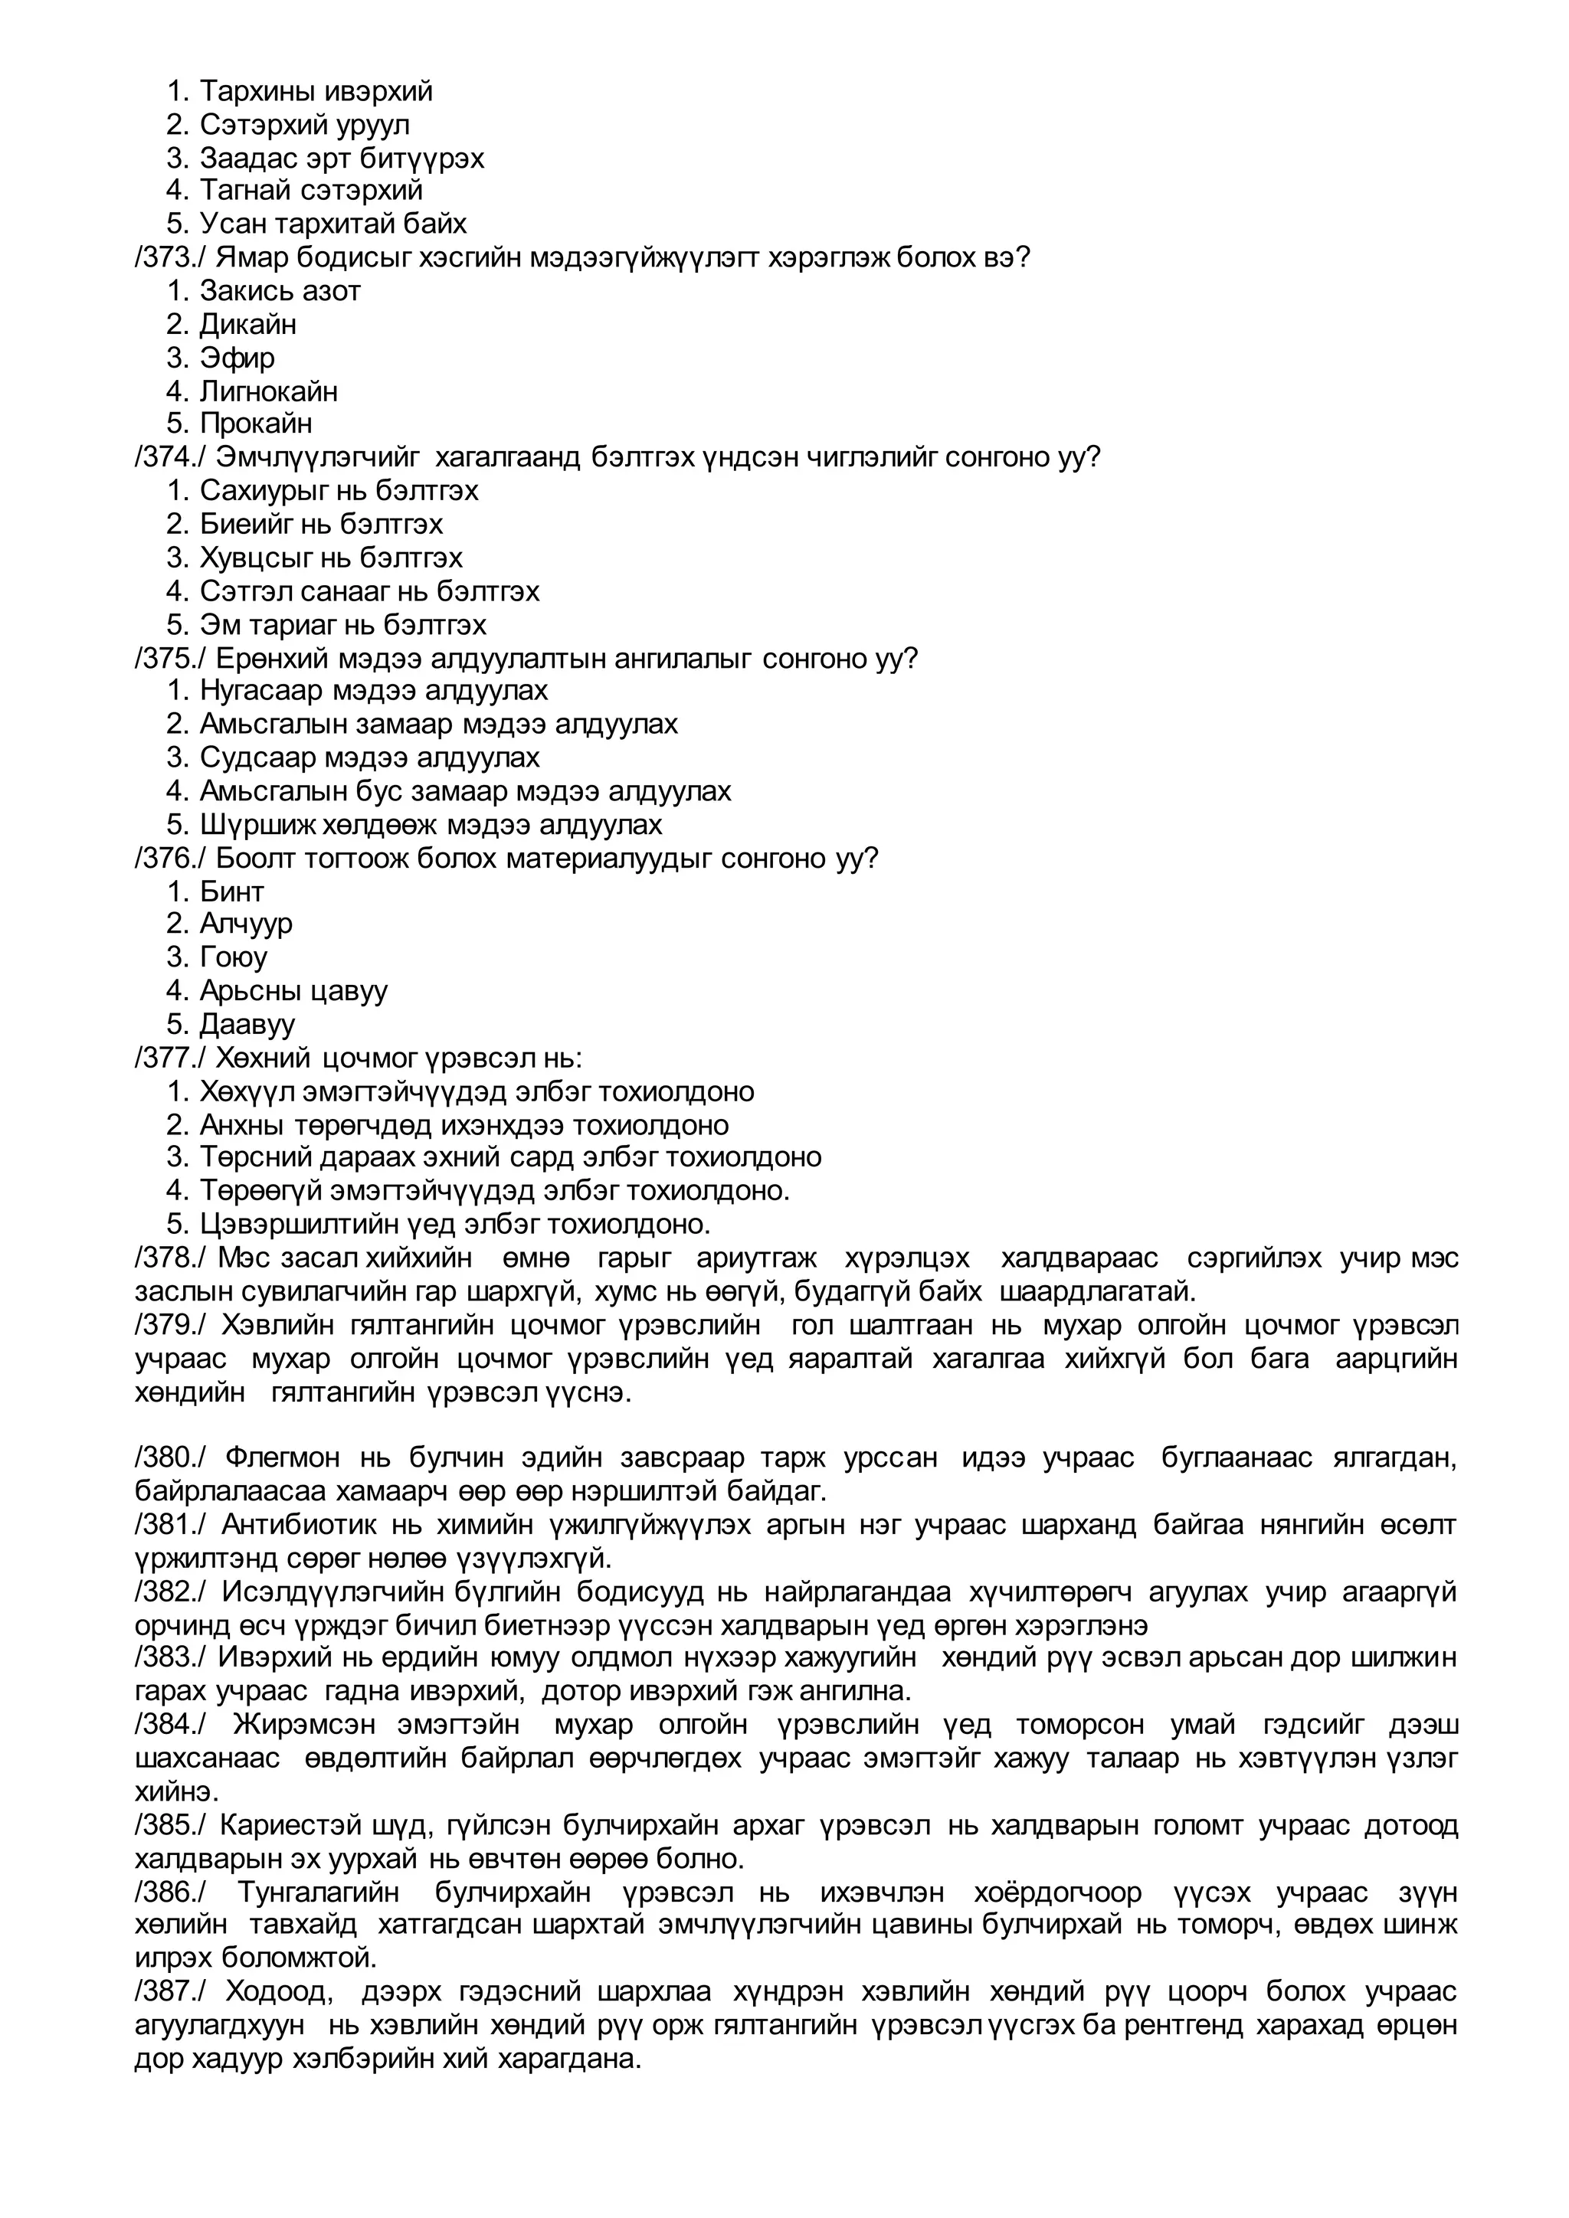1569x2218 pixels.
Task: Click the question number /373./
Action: (169, 258)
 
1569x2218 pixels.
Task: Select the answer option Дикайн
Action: (247, 325)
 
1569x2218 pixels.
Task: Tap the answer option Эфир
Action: (237, 358)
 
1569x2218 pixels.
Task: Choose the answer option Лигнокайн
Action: (269, 391)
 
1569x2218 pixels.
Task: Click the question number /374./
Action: (169, 457)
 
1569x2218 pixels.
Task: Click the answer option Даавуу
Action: (247, 1024)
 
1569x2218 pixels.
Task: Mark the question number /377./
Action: (169, 1058)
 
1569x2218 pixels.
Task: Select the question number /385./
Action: (169, 1826)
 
